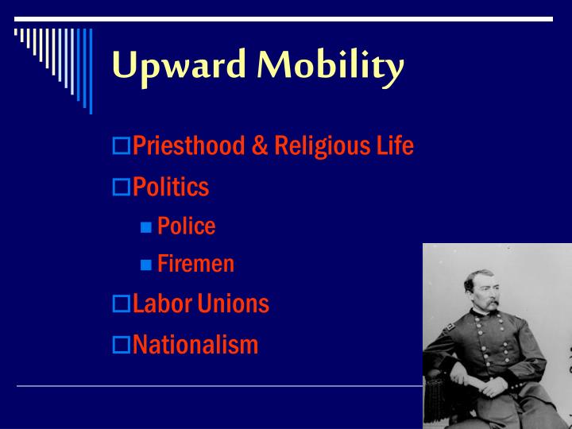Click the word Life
[x=396, y=146]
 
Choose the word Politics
[x=171, y=187]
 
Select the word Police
[x=186, y=226]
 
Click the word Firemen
[x=195, y=264]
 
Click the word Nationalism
[x=195, y=345]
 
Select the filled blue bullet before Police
[x=146, y=227]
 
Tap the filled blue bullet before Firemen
[x=146, y=265]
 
